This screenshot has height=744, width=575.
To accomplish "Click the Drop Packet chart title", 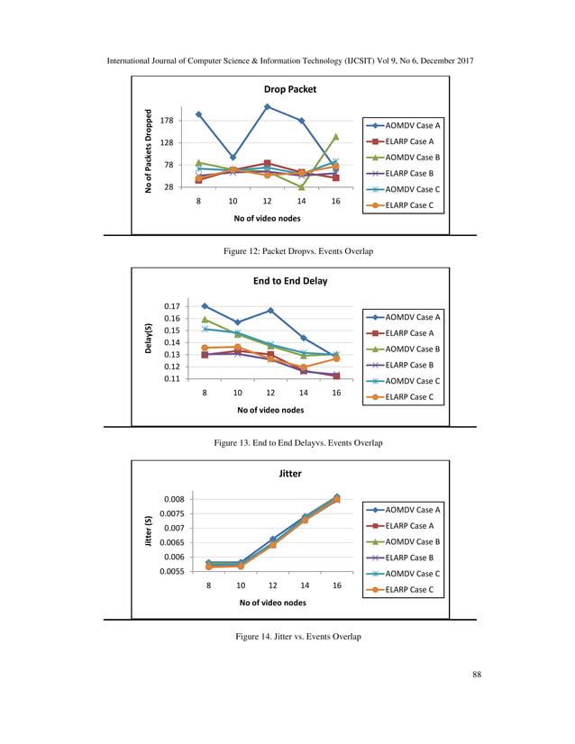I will click(x=290, y=90).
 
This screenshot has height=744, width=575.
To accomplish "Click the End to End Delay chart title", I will click(x=290, y=281).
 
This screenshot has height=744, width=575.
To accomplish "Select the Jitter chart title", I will click(x=290, y=472).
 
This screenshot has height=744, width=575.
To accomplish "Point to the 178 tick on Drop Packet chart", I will click(x=167, y=120).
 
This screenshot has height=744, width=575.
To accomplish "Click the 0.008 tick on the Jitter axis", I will click(x=174, y=499).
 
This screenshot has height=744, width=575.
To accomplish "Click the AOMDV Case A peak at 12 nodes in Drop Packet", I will click(x=268, y=106).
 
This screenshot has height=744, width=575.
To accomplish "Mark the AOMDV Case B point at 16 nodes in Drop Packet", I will click(x=335, y=137).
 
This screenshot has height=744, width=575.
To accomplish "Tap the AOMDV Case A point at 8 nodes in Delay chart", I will click(x=205, y=306).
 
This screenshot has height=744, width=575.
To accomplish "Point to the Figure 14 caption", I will click(x=297, y=637).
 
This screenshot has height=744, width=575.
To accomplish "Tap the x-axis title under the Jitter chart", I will click(x=270, y=603).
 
